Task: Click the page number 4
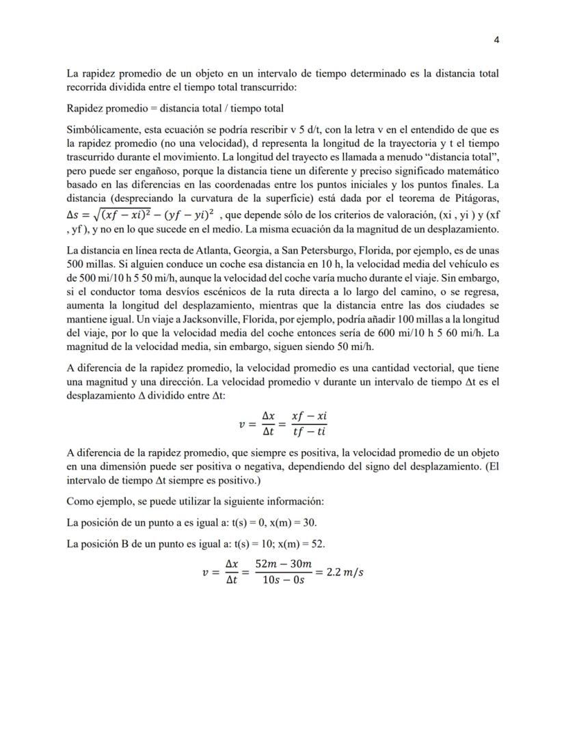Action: [496, 40]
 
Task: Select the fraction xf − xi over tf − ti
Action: [309, 424]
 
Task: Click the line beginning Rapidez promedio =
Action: [175, 108]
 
